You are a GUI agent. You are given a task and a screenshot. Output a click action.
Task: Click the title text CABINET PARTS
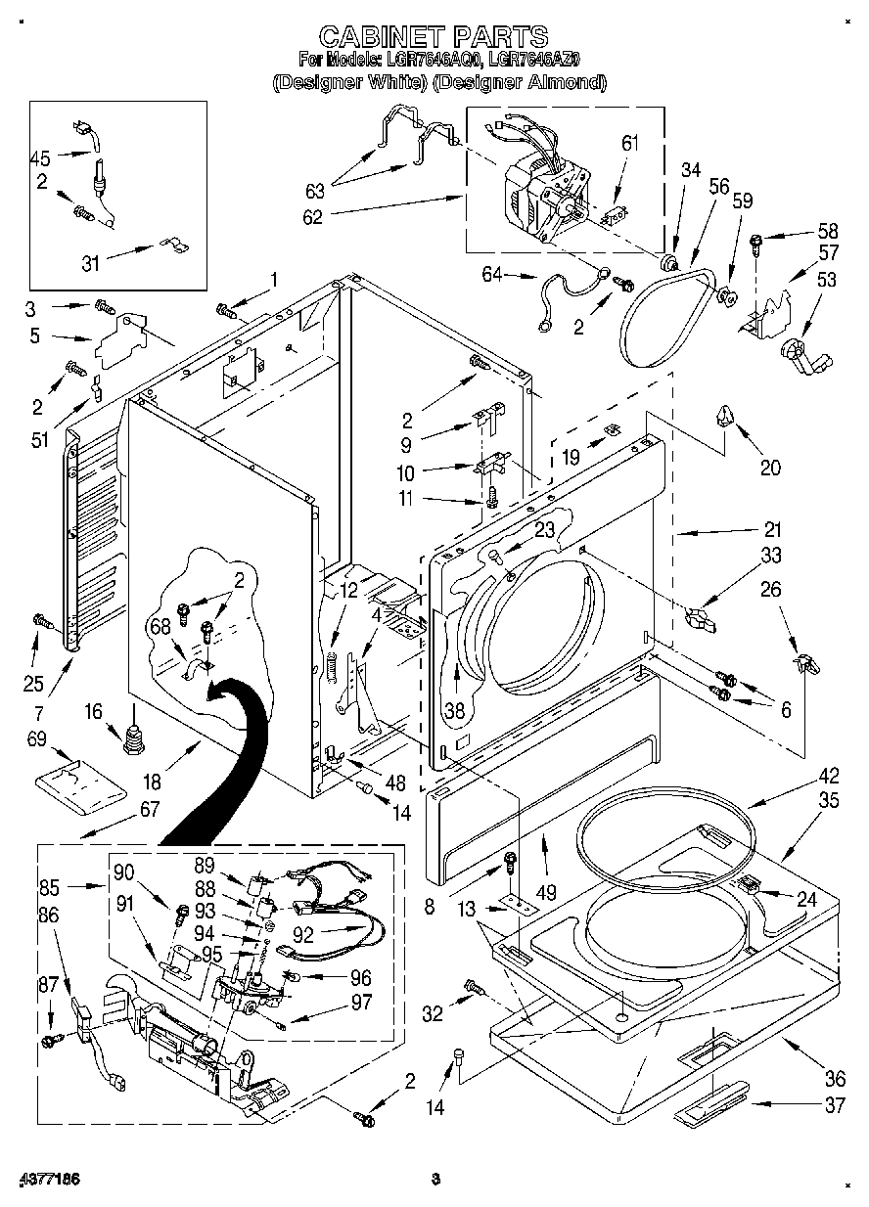click(x=434, y=37)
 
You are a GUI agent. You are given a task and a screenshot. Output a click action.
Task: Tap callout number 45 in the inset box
click(x=40, y=157)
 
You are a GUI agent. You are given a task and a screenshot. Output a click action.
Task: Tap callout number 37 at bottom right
click(x=834, y=1105)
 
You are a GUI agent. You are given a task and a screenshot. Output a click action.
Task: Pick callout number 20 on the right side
click(x=770, y=468)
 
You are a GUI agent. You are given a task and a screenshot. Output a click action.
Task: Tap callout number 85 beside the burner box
click(x=50, y=889)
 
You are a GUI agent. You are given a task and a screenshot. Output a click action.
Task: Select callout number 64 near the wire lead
click(x=492, y=276)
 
